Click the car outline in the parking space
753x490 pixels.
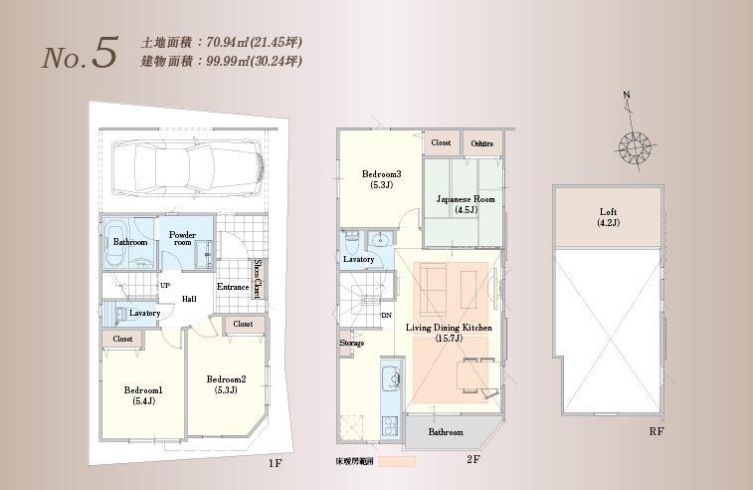pyautogui.click(x=188, y=166)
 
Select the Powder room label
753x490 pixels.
pyautogui.click(x=182, y=239)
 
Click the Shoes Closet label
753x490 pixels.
pyautogui.click(x=257, y=280)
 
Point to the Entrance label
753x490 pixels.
pyautogui.click(x=233, y=288)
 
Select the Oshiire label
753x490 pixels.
pyautogui.click(x=482, y=143)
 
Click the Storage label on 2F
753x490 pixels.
pyautogui.click(x=351, y=344)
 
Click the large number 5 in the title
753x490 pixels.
pyautogui.click(x=104, y=55)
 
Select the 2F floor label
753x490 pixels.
pyautogui.click(x=473, y=459)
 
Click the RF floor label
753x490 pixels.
pyautogui.click(x=656, y=431)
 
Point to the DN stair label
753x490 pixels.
pyautogui.click(x=386, y=315)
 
